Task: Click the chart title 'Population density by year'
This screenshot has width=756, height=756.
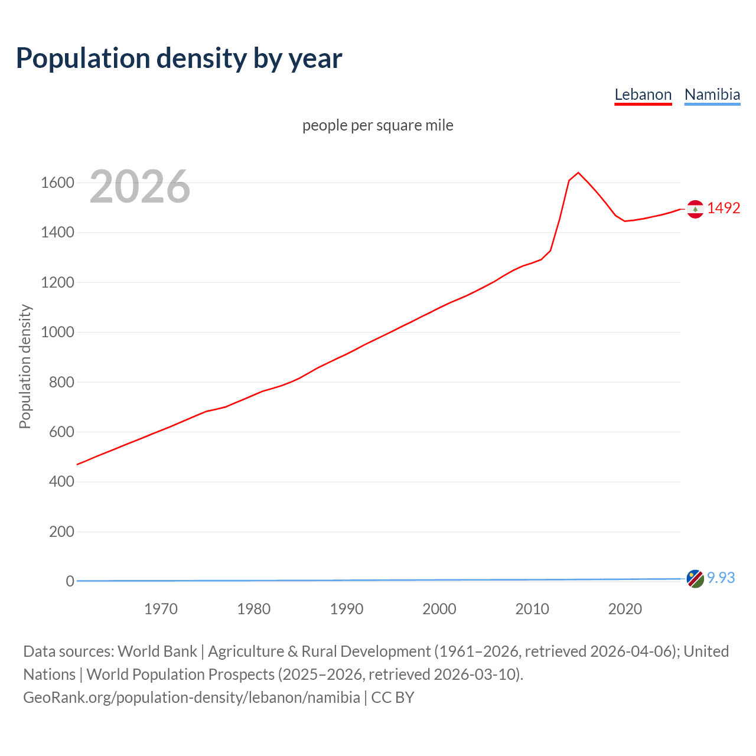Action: (179, 58)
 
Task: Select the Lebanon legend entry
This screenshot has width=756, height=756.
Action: (643, 94)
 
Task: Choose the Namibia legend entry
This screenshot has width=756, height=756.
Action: (712, 94)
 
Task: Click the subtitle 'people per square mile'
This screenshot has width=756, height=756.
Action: (377, 125)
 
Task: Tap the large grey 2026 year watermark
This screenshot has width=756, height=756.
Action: (140, 187)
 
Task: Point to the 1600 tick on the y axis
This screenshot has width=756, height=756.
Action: (57, 183)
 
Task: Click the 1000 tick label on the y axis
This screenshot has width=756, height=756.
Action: (57, 332)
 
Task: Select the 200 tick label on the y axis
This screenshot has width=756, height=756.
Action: (61, 532)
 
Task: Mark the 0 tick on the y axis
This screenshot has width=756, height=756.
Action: (70, 581)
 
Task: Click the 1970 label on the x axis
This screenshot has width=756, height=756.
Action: (161, 609)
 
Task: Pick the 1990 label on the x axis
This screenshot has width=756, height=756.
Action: (347, 609)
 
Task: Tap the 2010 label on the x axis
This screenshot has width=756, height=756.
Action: (532, 609)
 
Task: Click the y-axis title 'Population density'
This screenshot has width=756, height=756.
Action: (25, 366)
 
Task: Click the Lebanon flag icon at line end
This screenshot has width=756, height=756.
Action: (695, 208)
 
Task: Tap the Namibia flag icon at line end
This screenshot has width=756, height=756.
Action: (695, 579)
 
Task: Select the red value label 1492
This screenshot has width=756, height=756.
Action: (724, 208)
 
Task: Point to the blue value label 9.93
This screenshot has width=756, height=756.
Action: (721, 578)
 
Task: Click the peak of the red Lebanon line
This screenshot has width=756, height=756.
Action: (578, 172)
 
